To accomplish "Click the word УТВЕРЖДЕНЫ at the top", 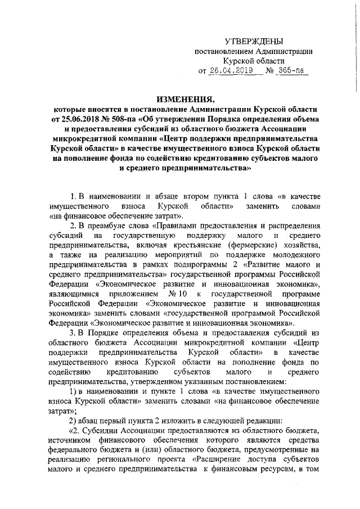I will coord(254,42).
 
